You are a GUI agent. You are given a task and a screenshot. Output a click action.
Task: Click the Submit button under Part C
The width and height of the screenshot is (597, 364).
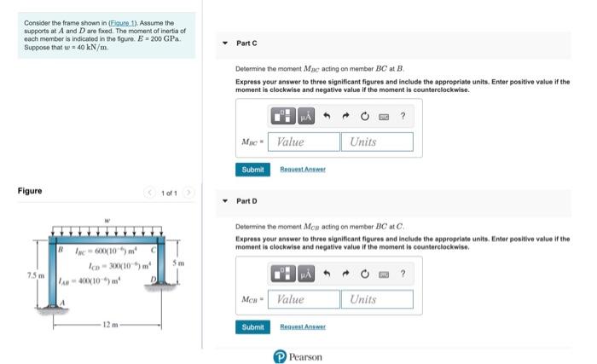coord(252,170)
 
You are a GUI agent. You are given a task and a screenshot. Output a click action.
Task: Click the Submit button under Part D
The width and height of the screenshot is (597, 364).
coord(252,327)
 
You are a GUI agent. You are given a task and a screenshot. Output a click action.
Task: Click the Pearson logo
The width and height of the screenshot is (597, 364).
coord(298,356)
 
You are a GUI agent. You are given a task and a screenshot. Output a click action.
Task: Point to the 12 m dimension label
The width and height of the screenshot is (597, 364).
coord(106,325)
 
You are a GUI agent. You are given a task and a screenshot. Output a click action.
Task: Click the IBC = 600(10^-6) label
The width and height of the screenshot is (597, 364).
coord(100,249)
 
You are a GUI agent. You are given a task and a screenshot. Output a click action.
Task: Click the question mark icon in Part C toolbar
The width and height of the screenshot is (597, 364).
coord(403,115)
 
